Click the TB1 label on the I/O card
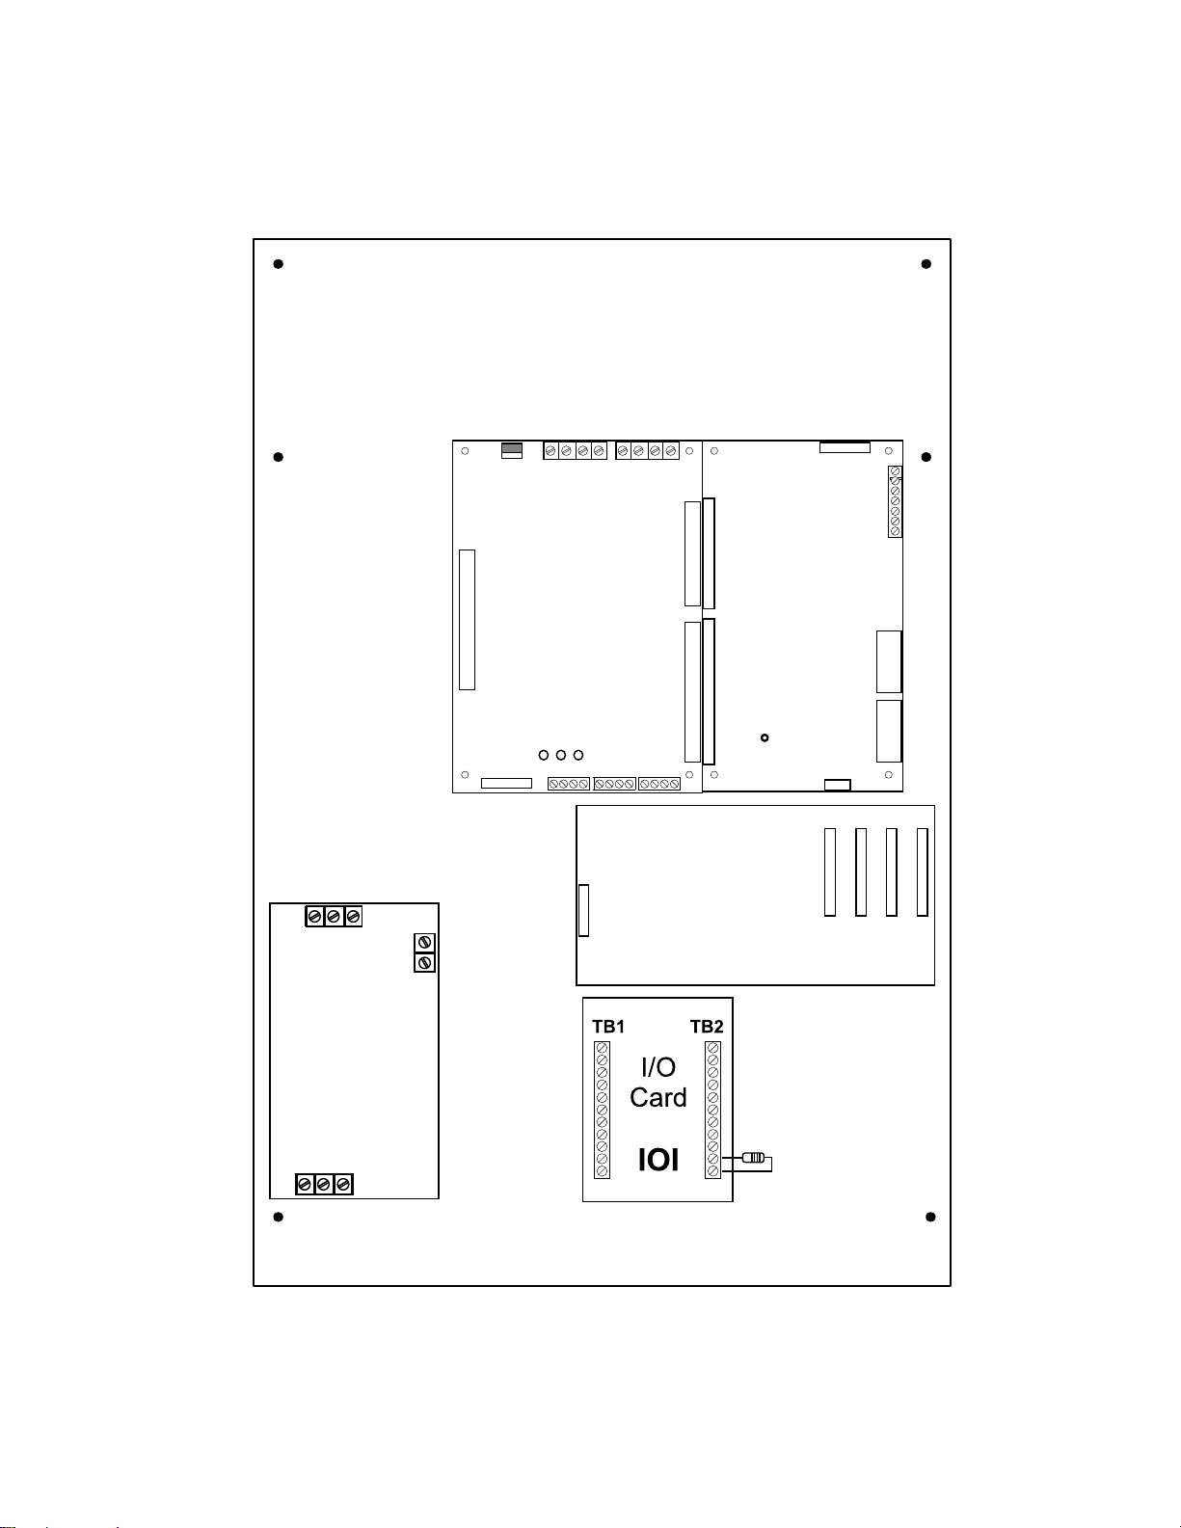(608, 1027)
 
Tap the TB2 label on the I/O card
(707, 1027)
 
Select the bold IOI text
(658, 1160)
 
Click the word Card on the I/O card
(658, 1097)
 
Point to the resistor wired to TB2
(753, 1157)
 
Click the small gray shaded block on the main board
(512, 448)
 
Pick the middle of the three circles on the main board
(561, 755)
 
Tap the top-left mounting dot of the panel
(279, 264)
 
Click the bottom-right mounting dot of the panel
(930, 1217)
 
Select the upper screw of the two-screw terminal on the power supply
(424, 942)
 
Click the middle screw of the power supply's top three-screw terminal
(334, 916)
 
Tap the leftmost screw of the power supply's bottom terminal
(305, 1184)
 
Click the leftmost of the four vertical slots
(829, 871)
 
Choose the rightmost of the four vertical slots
(923, 871)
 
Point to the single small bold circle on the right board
(765, 737)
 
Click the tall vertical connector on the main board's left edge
(467, 620)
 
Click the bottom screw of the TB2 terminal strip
(712, 1170)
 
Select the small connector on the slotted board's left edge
(583, 911)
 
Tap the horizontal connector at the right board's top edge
(845, 447)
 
